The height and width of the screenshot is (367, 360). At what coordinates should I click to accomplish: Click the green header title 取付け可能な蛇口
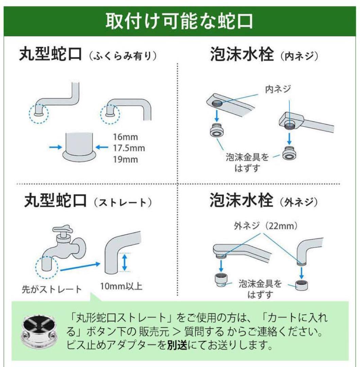tap(179, 21)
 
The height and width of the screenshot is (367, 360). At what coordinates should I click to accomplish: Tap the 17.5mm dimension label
tap(129, 148)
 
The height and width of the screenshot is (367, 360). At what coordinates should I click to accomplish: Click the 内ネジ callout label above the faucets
tap(278, 89)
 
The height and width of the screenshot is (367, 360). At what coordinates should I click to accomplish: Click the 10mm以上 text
tap(121, 286)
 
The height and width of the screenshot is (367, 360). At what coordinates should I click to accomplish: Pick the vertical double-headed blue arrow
tap(125, 263)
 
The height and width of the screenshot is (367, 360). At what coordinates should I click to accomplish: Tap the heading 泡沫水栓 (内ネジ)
tap(264, 55)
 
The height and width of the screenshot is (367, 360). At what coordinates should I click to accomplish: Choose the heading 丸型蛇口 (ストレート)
tap(88, 202)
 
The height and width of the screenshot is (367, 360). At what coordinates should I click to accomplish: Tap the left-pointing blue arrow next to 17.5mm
tap(102, 147)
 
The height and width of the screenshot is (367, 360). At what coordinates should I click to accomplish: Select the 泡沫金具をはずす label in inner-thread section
tap(247, 162)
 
